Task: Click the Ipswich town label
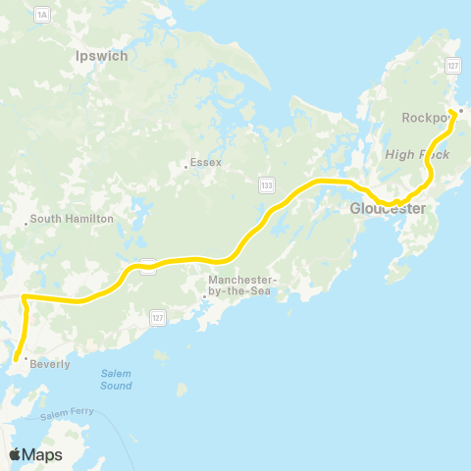(x=101, y=56)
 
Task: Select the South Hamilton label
(x=72, y=219)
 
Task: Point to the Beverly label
(x=50, y=364)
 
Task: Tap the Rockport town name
(x=424, y=118)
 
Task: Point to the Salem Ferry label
(x=68, y=413)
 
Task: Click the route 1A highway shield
(x=41, y=15)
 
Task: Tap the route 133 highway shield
(x=267, y=183)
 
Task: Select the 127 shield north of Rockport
(x=452, y=66)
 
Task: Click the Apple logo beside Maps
(x=16, y=453)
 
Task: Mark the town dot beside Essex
(x=185, y=166)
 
